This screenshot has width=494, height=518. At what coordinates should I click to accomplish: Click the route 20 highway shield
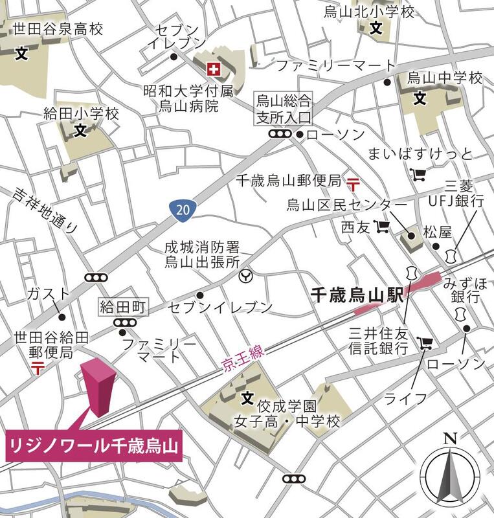pyautogui.click(x=184, y=208)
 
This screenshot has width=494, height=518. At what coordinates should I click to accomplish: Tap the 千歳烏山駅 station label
pyautogui.click(x=357, y=295)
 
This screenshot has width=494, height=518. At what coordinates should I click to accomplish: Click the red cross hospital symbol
pyautogui.click(x=212, y=67)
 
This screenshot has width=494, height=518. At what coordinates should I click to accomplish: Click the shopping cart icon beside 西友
pyautogui.click(x=383, y=227)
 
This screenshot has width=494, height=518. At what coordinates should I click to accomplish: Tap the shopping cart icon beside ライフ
pyautogui.click(x=425, y=343)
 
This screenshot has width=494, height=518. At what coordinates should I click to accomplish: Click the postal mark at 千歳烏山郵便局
pyautogui.click(x=354, y=183)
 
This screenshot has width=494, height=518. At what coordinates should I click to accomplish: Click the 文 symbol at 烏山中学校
pyautogui.click(x=420, y=99)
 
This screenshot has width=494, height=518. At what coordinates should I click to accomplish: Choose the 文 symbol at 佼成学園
pyautogui.click(x=246, y=397)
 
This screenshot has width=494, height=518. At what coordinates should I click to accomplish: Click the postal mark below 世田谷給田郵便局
pyautogui.click(x=38, y=367)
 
